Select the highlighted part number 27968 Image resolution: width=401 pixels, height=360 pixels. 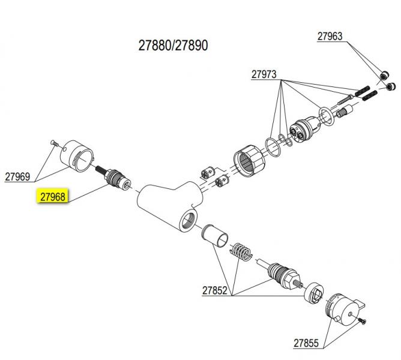(53, 197)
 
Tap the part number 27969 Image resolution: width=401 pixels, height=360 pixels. (17, 177)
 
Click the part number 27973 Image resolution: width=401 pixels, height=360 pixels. (264, 74)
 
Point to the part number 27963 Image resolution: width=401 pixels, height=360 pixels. (330, 36)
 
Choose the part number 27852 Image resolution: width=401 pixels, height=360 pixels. (214, 290)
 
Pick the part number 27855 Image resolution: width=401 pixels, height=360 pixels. (306, 344)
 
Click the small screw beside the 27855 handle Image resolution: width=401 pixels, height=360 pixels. (363, 322)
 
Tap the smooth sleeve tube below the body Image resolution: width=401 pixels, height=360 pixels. (216, 235)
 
